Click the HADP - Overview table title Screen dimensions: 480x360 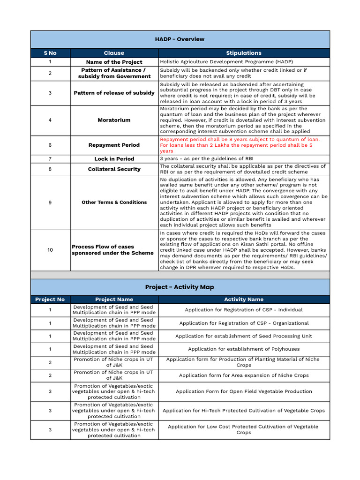click(x=180, y=39)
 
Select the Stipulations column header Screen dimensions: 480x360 click(x=244, y=53)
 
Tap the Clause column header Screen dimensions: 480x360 click(x=114, y=53)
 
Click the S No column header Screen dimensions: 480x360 click(x=50, y=53)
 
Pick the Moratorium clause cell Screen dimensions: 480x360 click(x=114, y=120)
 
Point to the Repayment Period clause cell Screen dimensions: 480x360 click(x=114, y=145)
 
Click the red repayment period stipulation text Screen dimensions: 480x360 click(x=240, y=145)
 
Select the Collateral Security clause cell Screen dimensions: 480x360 click(x=114, y=169)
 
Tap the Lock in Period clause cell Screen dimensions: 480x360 click(x=114, y=159)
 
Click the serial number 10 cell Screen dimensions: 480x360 click(x=50, y=250)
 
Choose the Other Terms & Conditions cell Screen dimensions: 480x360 click(x=114, y=202)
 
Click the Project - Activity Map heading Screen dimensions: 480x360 click(x=180, y=287)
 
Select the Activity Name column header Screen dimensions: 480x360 click(x=244, y=299)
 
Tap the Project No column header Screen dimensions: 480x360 click(x=50, y=299)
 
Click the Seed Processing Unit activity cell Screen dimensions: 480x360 click(x=244, y=336)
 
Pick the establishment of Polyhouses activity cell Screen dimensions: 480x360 click(x=244, y=349)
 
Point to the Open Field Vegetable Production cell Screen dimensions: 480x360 click(x=244, y=391)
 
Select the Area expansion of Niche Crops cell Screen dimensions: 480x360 click(x=244, y=375)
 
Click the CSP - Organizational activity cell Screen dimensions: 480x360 click(x=244, y=323)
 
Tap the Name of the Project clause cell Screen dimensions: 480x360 click(x=114, y=62)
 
